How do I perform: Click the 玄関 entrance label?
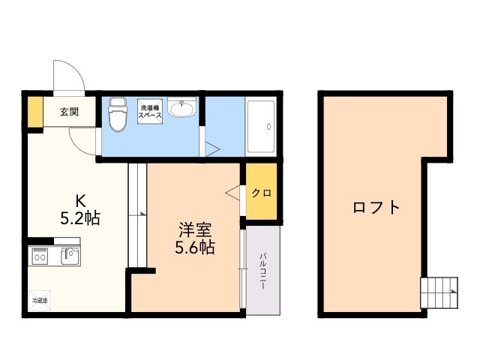[x=69, y=112]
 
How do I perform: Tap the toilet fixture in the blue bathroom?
[x=118, y=114]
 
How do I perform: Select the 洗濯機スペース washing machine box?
[x=150, y=112]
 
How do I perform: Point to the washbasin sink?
[x=182, y=107]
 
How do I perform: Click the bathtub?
[x=261, y=127]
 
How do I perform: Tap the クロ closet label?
[x=262, y=193]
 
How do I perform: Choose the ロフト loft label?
[x=376, y=207]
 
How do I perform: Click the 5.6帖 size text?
[x=195, y=247]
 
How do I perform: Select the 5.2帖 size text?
[x=80, y=218]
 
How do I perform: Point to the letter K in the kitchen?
[x=80, y=201]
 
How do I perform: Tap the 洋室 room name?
[x=195, y=230]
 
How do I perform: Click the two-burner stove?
[x=40, y=256]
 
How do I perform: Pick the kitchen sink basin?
[x=70, y=256]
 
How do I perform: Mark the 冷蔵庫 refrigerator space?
[x=40, y=301]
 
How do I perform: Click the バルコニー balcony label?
[x=262, y=271]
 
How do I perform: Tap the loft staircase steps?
[x=439, y=292]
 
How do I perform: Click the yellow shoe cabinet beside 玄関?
[x=35, y=112]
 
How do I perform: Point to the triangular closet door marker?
[x=232, y=193]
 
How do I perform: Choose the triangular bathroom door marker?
[x=212, y=149]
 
